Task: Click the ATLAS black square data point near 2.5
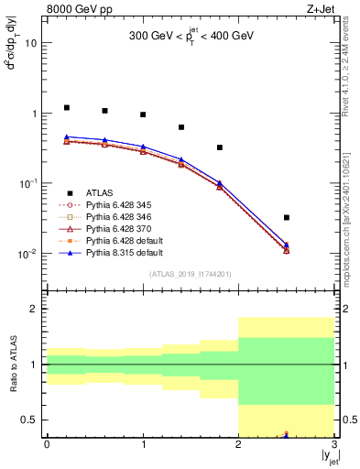pyautogui.click(x=287, y=217)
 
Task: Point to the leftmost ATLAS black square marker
pyautogui.click(x=66, y=107)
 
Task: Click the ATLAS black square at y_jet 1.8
pyautogui.click(x=220, y=147)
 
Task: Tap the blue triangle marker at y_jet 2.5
pyautogui.click(x=287, y=245)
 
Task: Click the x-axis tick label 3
pyautogui.click(x=334, y=444)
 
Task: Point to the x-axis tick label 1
pyautogui.click(x=143, y=444)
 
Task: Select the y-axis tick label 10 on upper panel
pyautogui.click(x=31, y=43)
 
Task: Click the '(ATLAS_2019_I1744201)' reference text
pyautogui.click(x=191, y=274)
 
